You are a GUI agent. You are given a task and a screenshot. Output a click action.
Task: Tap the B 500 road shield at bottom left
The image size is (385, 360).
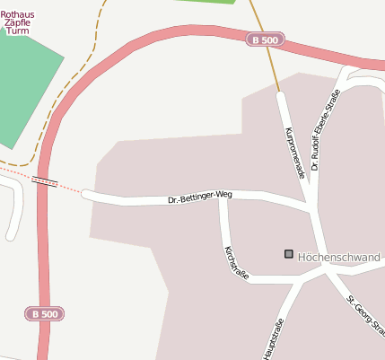[x=44, y=314]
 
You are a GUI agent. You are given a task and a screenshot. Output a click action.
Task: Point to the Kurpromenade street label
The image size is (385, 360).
[x=294, y=153]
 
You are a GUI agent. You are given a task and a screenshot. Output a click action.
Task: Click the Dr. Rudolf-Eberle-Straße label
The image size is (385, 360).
[x=326, y=131]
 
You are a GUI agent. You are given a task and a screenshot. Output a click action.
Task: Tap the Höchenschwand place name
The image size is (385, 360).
[x=338, y=257]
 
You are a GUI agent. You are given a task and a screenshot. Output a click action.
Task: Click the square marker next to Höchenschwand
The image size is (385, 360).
[x=288, y=254]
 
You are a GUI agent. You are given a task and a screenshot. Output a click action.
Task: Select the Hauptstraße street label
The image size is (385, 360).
[x=274, y=338]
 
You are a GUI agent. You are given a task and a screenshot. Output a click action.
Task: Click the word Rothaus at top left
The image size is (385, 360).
[x=18, y=13]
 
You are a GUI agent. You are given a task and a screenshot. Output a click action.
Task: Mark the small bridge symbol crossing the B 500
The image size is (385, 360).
[x=45, y=181]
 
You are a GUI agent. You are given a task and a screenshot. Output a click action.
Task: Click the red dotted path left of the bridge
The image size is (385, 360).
[x=14, y=171]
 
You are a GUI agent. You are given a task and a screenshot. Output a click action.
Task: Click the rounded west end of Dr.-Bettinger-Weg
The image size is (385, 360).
[x=87, y=194]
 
